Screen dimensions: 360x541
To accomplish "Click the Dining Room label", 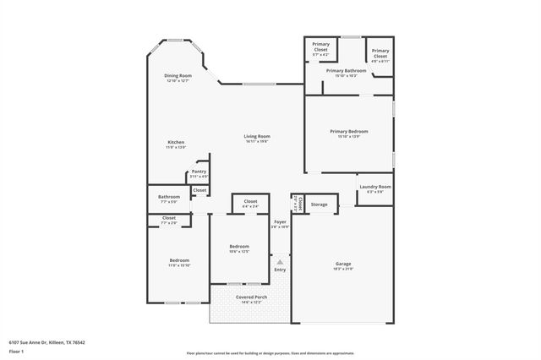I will pyautogui.click(x=178, y=75).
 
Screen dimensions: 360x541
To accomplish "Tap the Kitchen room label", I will pyautogui.click(x=176, y=142).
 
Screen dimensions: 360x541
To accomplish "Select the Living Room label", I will pyautogui.click(x=257, y=136).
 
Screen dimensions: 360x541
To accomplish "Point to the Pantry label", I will pyautogui.click(x=199, y=172).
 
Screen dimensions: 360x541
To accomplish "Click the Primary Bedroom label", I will pyautogui.click(x=349, y=131).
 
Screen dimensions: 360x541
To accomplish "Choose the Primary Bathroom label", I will pyautogui.click(x=346, y=71).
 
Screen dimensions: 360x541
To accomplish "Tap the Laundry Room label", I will pyautogui.click(x=374, y=186).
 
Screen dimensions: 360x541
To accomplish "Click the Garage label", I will pyautogui.click(x=342, y=264).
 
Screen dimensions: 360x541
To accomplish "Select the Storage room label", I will pyautogui.click(x=319, y=205).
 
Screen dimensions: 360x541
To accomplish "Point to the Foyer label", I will pyautogui.click(x=280, y=221).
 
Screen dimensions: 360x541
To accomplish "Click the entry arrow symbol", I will pyautogui.click(x=280, y=262).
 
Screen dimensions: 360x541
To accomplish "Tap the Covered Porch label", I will pyautogui.click(x=251, y=297).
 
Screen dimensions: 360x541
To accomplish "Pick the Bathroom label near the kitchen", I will pyautogui.click(x=169, y=197).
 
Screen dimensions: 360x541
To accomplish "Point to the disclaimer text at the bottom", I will pyautogui.click(x=270, y=352).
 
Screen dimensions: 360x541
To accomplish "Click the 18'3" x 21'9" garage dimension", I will pyautogui.click(x=342, y=269).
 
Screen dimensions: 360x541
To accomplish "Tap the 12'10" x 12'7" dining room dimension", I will pyautogui.click(x=178, y=80).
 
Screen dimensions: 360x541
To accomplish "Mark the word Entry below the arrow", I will pyautogui.click(x=280, y=270).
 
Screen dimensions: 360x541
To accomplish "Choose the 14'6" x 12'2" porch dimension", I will pyautogui.click(x=251, y=303).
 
